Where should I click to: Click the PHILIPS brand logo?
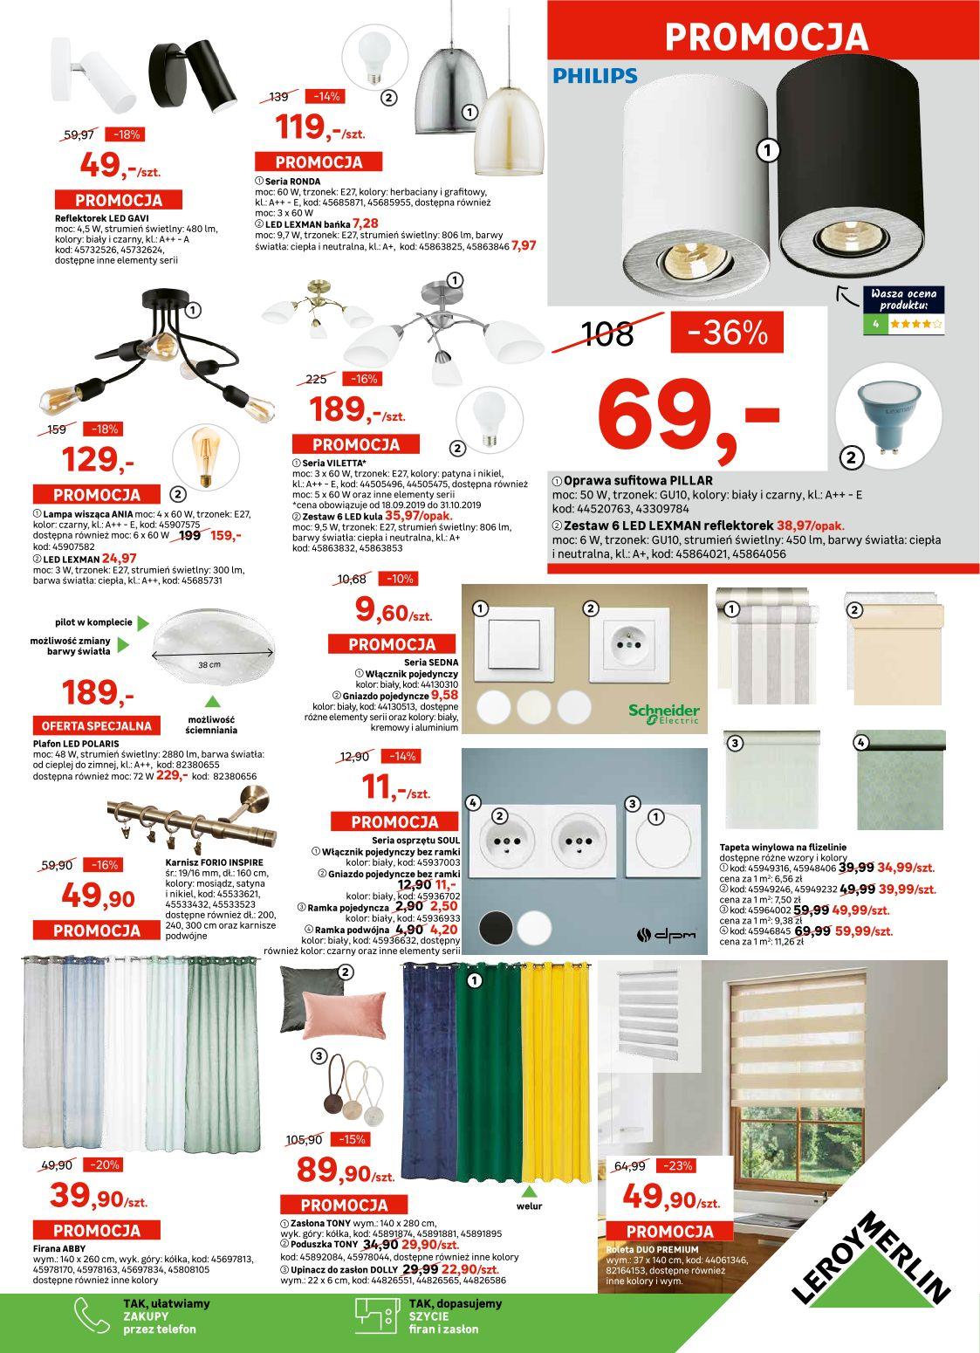click(x=595, y=76)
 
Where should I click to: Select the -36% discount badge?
click(x=727, y=332)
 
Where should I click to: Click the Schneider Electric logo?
click(x=663, y=713)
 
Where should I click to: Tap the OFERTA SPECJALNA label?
click(x=96, y=725)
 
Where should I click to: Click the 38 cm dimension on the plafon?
click(x=209, y=665)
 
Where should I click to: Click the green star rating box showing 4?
click(x=903, y=323)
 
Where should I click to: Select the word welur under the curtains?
click(x=529, y=1206)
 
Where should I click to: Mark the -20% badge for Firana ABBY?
click(x=104, y=1164)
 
